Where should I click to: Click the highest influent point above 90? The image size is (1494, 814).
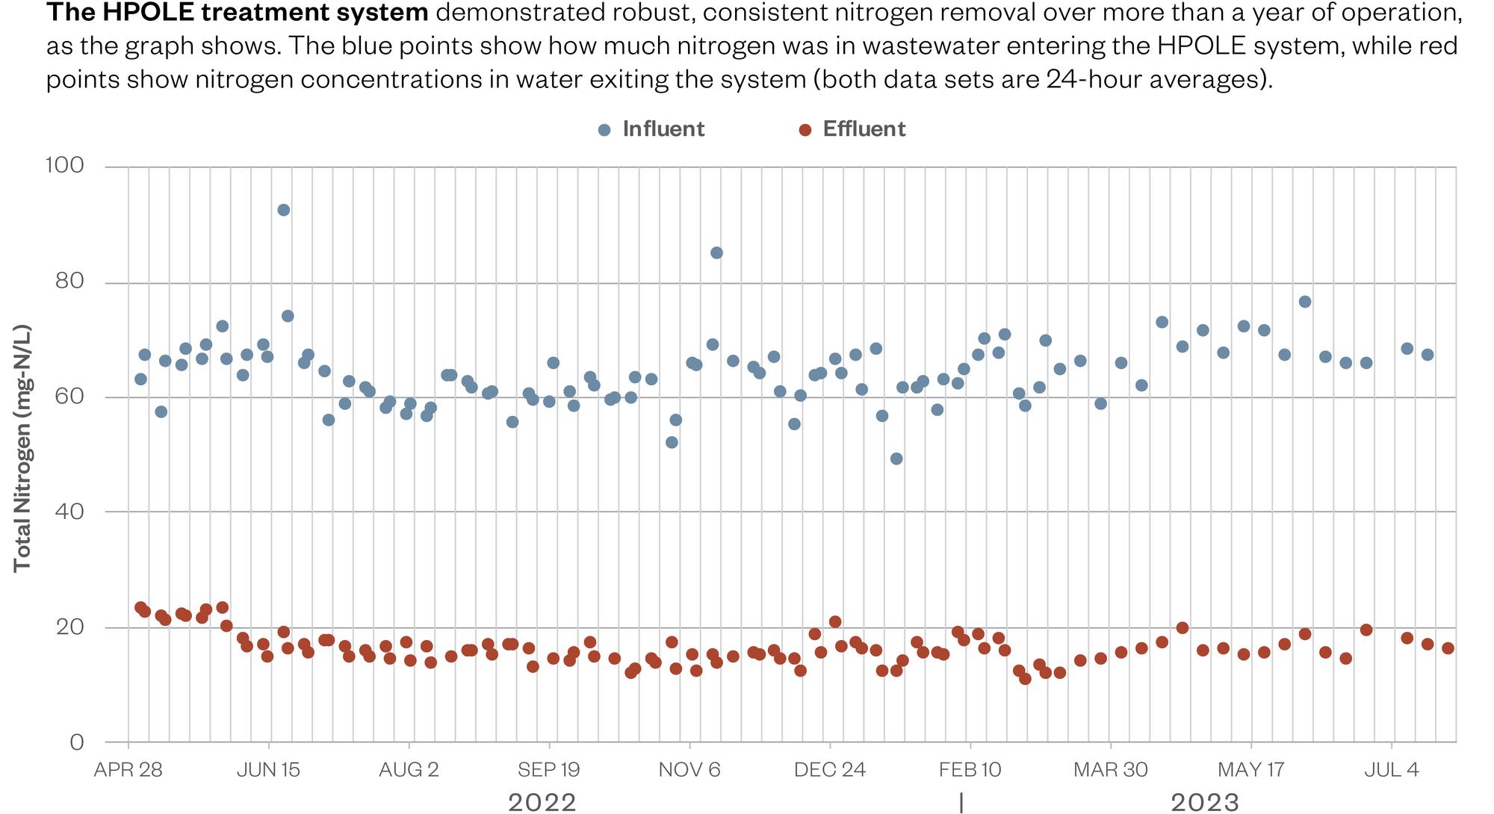[283, 210]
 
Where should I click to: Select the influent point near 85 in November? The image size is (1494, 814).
[716, 252]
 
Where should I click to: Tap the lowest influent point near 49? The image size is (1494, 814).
[896, 459]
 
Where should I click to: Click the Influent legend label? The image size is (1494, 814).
[663, 129]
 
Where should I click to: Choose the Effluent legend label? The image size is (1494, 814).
[864, 129]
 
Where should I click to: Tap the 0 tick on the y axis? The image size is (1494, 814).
[76, 742]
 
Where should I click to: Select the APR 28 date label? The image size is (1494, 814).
[128, 770]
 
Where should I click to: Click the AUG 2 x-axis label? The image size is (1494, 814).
[409, 770]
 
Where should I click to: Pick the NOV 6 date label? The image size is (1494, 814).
[689, 770]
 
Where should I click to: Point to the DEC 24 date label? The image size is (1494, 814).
[829, 770]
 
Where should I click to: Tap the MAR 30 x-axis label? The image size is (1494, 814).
[1110, 770]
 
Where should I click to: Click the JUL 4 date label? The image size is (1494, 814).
[1391, 770]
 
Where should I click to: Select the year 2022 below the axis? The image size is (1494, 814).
[542, 802]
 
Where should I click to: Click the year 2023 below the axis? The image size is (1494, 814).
[1204, 802]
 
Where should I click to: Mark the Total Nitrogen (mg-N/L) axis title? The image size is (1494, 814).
[22, 448]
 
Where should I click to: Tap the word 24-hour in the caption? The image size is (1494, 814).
[1094, 78]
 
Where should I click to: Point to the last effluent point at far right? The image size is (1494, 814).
[1448, 648]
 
